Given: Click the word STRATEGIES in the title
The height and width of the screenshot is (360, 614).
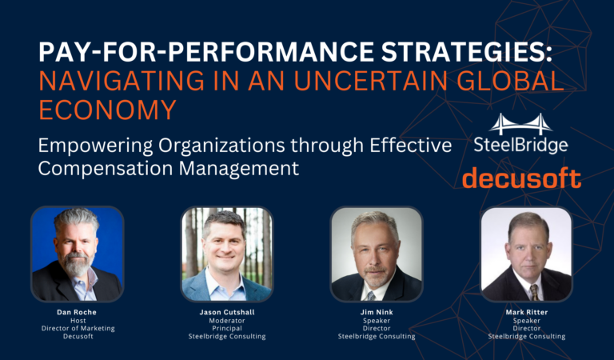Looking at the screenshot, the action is point(467,51).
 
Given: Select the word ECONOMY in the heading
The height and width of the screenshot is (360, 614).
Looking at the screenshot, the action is point(108,110).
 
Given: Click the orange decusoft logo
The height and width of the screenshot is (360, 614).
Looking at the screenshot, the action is point(521,178).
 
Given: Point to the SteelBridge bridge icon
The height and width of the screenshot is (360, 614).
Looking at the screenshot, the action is point(520,124).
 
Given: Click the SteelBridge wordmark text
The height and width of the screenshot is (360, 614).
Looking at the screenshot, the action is point(520,145).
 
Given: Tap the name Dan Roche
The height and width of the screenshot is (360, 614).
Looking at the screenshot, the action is point(77,312).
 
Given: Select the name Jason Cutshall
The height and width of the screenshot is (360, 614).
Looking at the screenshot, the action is point(227,312).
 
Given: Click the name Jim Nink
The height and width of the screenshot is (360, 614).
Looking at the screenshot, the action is point(377,312).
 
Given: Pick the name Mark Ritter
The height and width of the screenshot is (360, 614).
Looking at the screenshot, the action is point(527,312).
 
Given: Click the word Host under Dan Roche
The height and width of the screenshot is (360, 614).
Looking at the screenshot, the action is point(78,321).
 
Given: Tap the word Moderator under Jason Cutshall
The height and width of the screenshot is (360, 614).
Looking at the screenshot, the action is point(227,321).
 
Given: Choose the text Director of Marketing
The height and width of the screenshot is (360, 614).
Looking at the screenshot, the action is point(78,328).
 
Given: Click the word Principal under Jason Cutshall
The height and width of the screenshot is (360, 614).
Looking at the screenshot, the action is point(227,328).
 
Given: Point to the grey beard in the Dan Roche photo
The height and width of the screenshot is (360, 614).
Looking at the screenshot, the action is point(77,266).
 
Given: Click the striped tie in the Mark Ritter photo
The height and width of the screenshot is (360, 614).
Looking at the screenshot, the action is point(535,292).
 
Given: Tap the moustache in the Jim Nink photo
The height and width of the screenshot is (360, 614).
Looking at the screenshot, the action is point(375,270).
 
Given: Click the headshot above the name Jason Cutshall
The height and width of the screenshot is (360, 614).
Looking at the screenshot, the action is point(227,254).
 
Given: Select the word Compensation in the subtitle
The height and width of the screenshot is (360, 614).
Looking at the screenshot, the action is point(106,169).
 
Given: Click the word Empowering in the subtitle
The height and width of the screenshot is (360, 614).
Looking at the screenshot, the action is point(96,146).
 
